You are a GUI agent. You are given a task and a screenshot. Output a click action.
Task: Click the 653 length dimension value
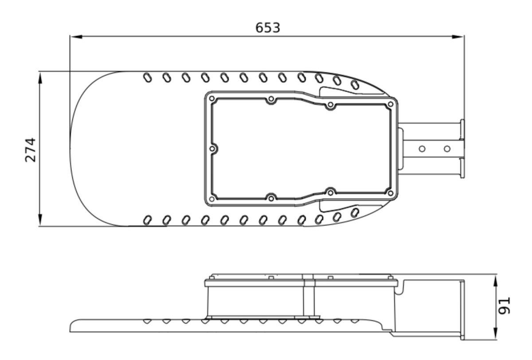268,27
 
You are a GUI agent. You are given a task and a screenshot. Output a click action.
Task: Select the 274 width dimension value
31,150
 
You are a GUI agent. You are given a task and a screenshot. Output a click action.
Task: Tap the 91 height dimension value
505,306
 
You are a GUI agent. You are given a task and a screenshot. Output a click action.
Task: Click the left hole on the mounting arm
422,149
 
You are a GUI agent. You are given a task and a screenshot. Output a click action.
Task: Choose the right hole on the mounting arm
447,149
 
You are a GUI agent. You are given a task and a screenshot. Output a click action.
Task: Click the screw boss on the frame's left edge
212,149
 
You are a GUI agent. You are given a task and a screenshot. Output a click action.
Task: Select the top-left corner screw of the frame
212,98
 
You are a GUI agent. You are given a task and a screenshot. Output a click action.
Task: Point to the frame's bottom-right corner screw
390,193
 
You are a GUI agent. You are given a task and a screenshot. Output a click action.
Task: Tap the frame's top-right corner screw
390,104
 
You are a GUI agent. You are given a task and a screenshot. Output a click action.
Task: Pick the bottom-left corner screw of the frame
212,199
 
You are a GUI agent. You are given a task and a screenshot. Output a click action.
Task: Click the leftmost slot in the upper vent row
147,78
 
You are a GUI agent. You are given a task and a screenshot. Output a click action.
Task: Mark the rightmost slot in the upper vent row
355,84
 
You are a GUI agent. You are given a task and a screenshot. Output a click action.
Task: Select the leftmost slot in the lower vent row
147,220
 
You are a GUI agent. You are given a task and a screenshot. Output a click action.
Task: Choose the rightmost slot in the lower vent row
355,213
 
